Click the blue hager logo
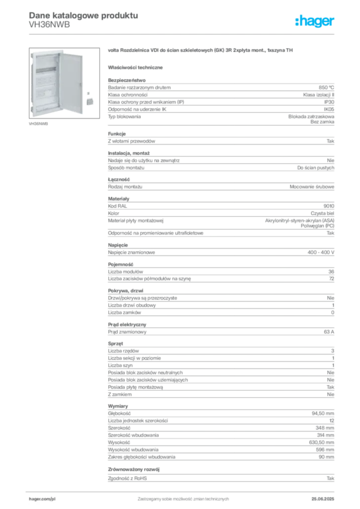[x=315, y=22]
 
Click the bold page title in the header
[x=82, y=15]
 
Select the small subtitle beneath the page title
[x=50, y=27]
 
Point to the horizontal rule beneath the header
[x=183, y=34]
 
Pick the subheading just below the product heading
[x=137, y=67]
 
